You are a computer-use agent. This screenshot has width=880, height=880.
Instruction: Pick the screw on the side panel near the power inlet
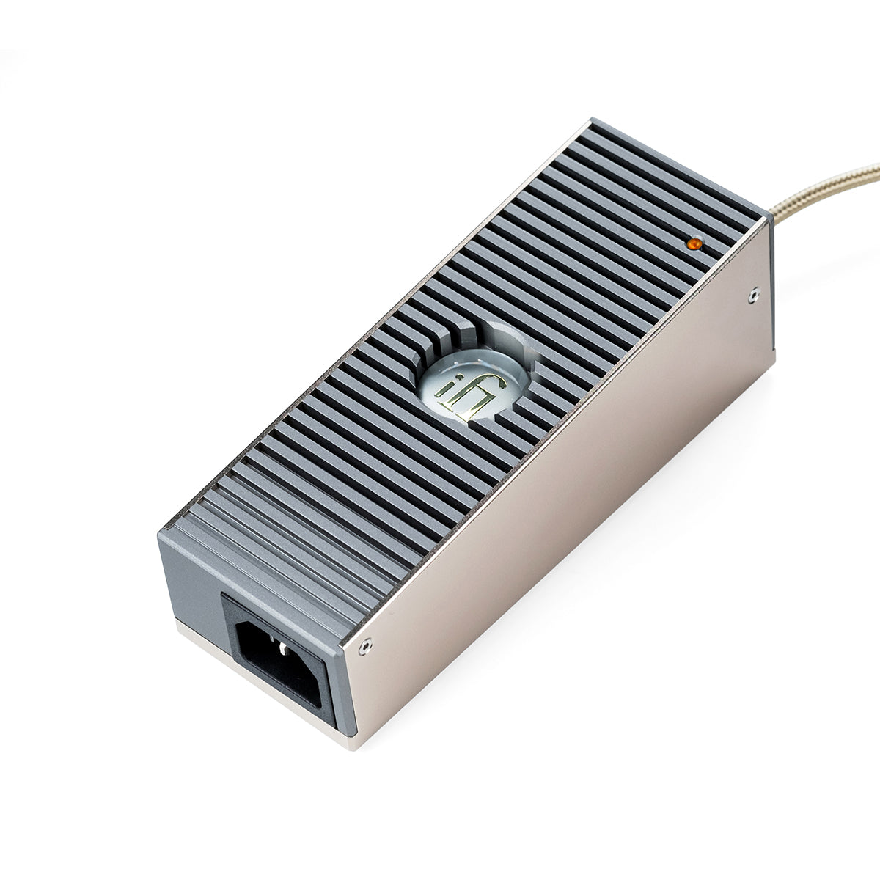(x=365, y=645)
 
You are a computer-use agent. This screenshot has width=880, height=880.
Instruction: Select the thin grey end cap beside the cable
(x=771, y=279)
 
